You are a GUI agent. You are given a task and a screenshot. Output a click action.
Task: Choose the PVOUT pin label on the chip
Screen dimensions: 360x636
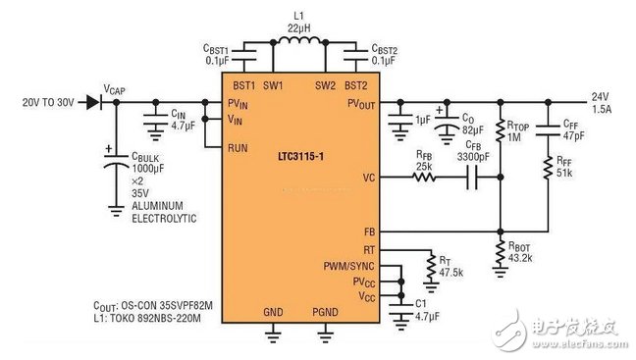[x=360, y=102]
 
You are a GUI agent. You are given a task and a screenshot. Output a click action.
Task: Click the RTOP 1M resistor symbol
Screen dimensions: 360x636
[x=500, y=133]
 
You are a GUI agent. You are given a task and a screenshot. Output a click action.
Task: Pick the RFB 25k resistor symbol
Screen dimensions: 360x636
[x=424, y=178]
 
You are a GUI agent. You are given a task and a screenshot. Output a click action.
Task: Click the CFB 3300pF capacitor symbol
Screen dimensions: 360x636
[x=469, y=178]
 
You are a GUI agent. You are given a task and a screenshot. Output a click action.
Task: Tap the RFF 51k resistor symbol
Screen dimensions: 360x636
[x=549, y=168]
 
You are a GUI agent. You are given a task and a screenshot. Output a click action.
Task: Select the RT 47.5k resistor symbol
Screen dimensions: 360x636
[x=429, y=264]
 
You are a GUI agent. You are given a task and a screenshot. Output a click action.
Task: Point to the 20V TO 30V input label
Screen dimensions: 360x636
[x=48, y=101]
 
